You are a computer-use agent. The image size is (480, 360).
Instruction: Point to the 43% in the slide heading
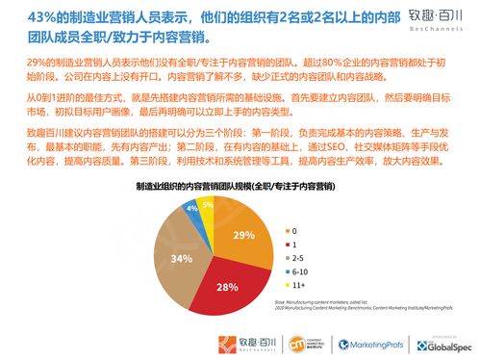click(x=29, y=18)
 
